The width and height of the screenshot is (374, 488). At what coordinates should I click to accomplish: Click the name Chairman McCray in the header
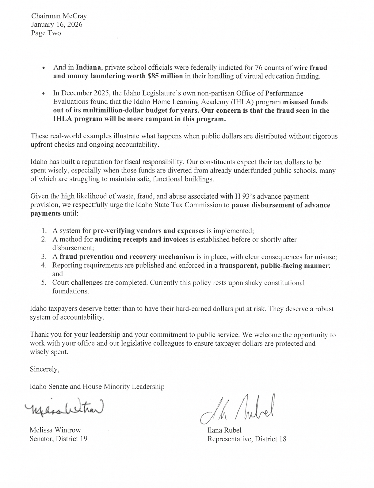click(x=59, y=16)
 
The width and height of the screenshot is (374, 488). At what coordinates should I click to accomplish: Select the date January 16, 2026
click(x=57, y=25)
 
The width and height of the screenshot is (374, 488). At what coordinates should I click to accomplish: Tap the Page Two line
click(x=46, y=33)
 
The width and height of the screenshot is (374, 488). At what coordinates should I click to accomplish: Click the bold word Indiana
click(x=88, y=68)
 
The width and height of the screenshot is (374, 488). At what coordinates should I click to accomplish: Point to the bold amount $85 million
click(x=165, y=76)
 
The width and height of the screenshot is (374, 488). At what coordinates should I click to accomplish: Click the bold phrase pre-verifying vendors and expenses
click(x=149, y=230)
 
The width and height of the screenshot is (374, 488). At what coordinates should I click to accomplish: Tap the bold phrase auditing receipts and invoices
click(x=141, y=239)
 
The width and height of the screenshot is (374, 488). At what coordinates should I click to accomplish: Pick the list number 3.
click(x=44, y=257)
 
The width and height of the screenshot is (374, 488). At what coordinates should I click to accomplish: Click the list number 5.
click(x=44, y=283)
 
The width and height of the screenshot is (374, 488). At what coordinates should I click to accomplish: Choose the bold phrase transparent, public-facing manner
click(x=274, y=265)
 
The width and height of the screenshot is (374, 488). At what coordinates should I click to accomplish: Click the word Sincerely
click(x=44, y=369)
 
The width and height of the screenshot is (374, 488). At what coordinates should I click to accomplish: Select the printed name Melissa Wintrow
click(x=55, y=430)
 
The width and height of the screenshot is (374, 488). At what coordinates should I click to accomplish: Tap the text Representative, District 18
click(x=247, y=439)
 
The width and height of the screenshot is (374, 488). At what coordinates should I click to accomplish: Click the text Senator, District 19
click(x=58, y=439)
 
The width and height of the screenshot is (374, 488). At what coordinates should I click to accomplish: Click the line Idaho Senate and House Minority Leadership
click(x=97, y=386)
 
